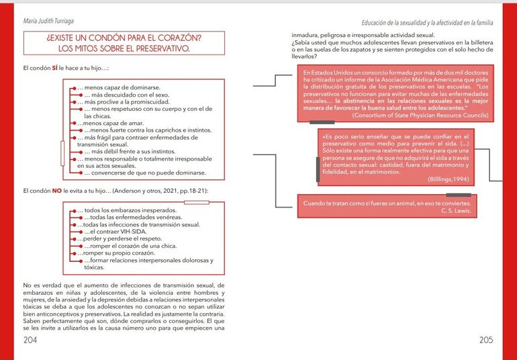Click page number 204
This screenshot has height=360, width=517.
coord(30,340)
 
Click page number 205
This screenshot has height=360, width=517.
coord(487,340)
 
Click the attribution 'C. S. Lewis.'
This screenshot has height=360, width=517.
coord(457,211)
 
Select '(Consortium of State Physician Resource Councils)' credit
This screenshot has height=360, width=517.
coord(410,116)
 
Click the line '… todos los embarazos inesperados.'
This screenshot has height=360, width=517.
coord(121,211)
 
